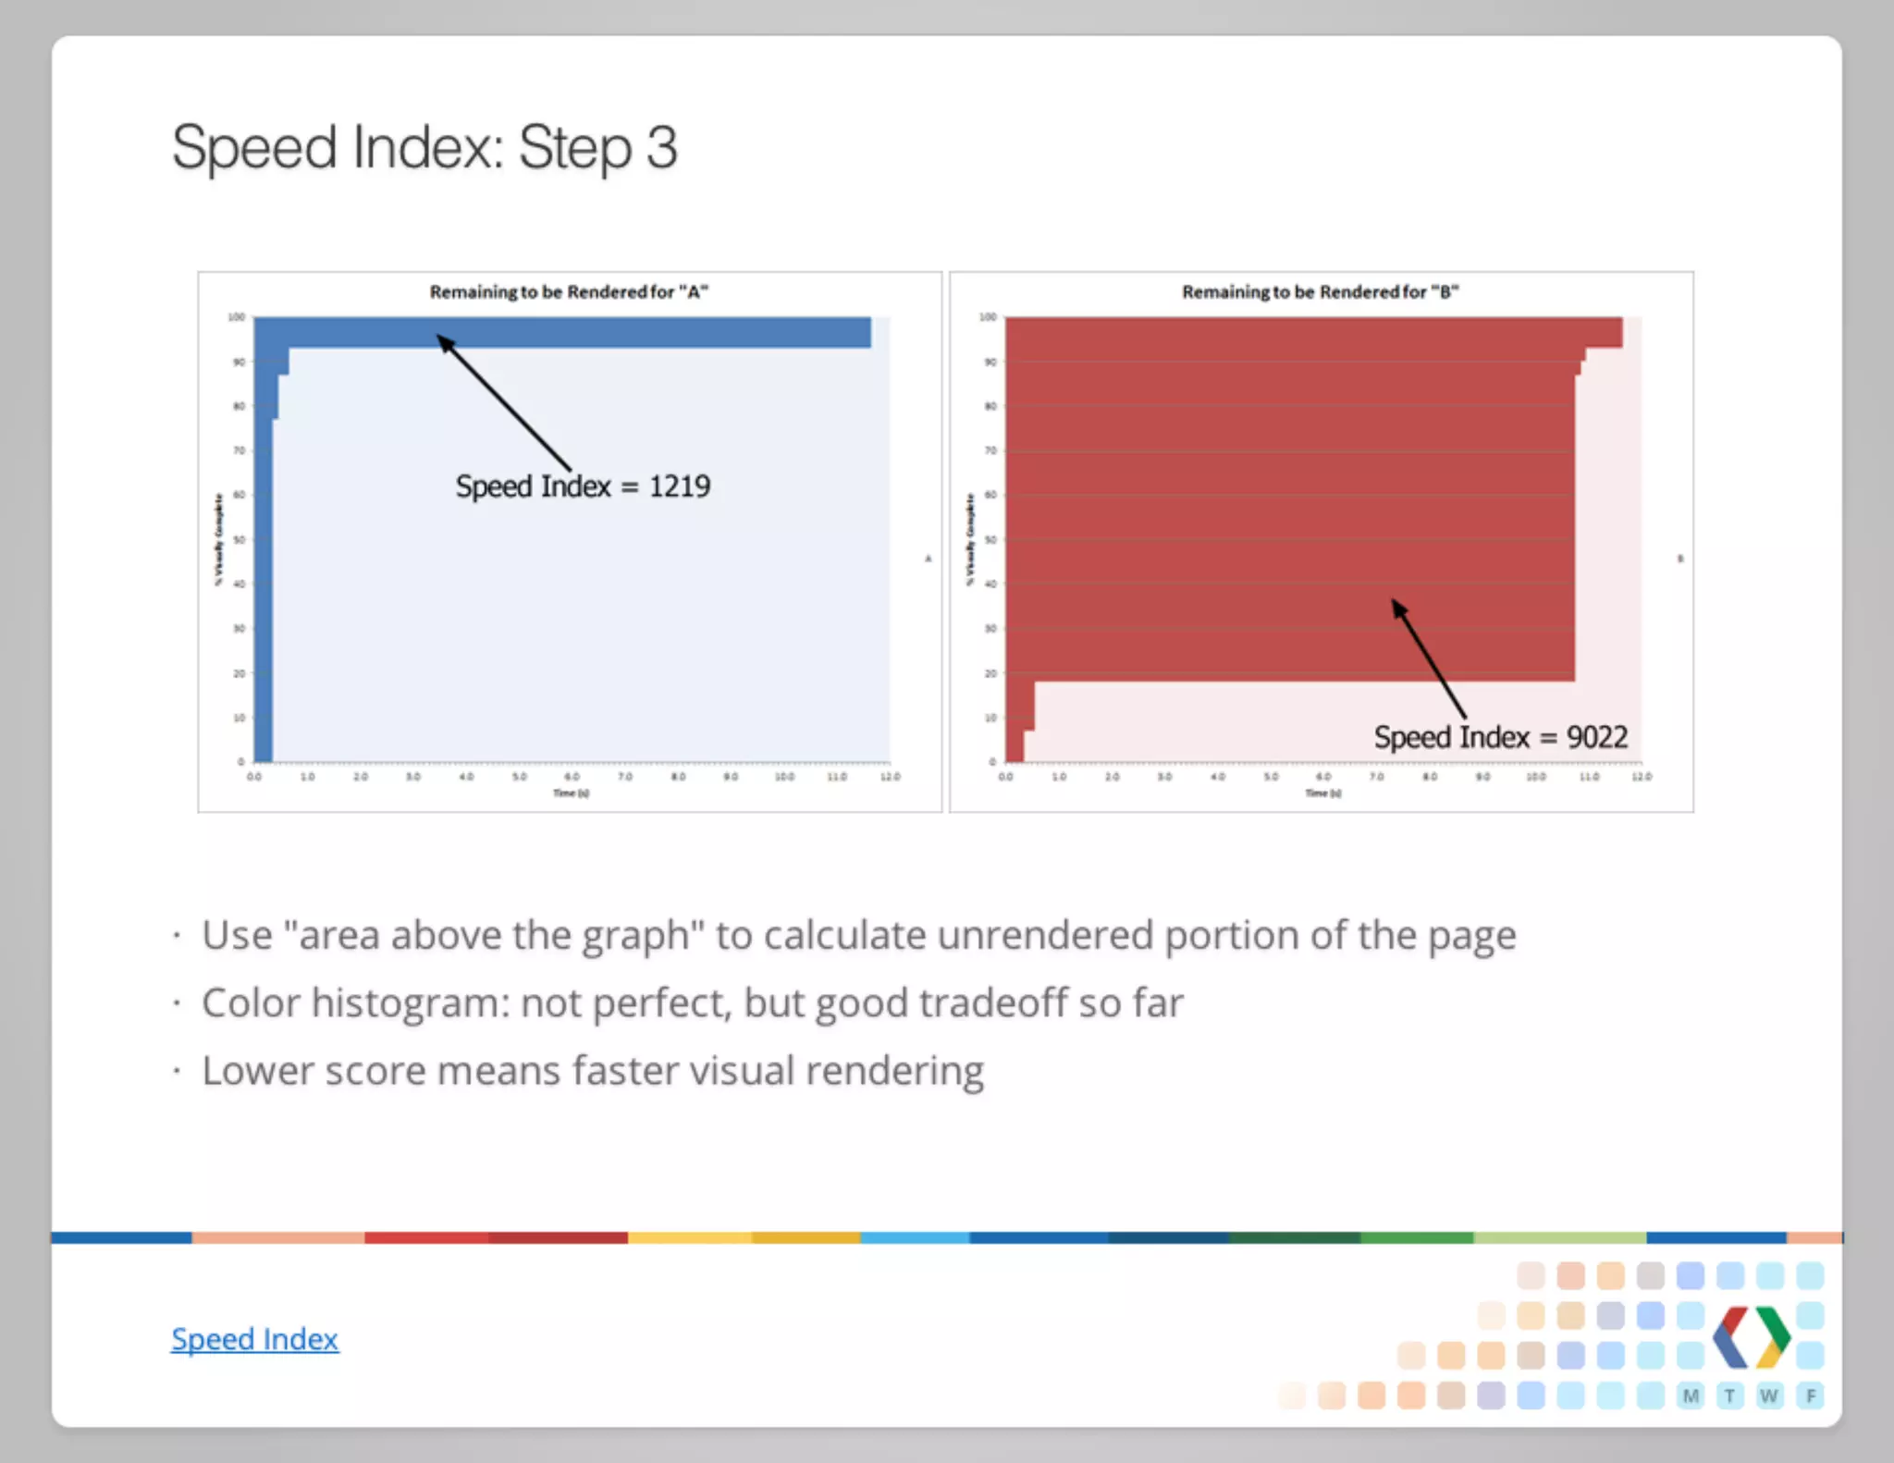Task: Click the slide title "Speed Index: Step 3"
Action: tap(424, 148)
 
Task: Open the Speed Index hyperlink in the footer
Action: tap(254, 1339)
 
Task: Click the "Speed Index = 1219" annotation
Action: tap(583, 486)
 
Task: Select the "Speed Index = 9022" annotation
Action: tap(1500, 737)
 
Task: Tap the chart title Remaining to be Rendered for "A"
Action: tap(569, 292)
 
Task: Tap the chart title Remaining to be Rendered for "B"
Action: tap(1320, 292)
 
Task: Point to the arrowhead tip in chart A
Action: tap(440, 338)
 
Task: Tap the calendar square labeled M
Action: tap(1691, 1396)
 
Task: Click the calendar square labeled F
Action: tap(1811, 1396)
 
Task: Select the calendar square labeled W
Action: tap(1769, 1396)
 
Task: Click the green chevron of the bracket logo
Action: tap(1774, 1336)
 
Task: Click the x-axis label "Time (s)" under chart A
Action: tap(571, 793)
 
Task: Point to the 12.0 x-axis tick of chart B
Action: tap(1642, 777)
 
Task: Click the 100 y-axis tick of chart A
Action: tap(237, 317)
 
